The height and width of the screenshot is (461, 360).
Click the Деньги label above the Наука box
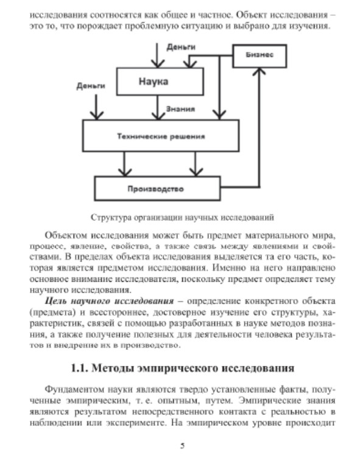point(181,47)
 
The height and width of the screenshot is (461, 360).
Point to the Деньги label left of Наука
point(91,86)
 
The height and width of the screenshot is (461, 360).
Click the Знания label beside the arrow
point(180,109)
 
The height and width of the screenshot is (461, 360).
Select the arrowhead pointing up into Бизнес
point(259,71)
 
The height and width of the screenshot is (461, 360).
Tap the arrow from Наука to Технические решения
point(158,107)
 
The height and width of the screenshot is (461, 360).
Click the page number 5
point(182,446)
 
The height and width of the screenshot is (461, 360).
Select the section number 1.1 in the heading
point(79,368)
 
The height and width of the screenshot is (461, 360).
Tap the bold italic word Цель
point(57,301)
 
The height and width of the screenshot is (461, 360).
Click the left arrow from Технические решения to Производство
point(124,164)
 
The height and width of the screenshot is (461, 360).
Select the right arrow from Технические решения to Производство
point(196,164)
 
